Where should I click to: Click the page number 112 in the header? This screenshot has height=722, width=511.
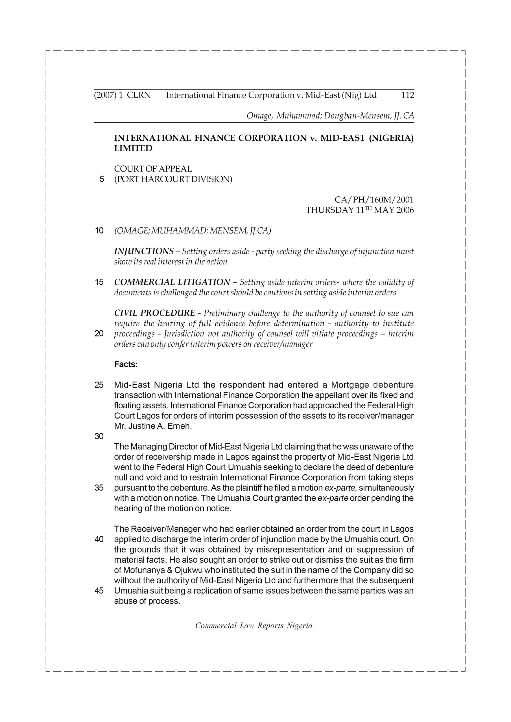point(407,95)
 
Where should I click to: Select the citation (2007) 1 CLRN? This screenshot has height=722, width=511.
point(122,95)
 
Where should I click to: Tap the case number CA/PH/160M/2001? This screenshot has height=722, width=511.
point(374,200)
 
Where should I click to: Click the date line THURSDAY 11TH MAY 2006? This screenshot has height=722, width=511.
point(360,210)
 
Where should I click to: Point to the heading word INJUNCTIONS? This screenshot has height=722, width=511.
point(144,251)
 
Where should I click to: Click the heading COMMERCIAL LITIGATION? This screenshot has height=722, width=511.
point(172,282)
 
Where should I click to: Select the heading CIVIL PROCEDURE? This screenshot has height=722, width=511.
point(154,313)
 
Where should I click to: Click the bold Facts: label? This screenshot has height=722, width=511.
point(126,364)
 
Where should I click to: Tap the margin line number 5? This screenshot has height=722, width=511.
point(101,179)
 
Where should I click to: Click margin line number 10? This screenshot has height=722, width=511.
point(99,231)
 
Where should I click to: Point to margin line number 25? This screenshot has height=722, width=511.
point(99,385)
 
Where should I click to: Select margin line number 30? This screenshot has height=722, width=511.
point(99,437)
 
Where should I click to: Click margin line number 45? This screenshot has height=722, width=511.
point(99,591)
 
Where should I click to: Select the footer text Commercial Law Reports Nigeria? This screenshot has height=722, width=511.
point(254,626)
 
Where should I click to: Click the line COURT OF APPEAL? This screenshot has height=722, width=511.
point(153,169)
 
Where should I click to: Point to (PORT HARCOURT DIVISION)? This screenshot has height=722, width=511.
point(173,179)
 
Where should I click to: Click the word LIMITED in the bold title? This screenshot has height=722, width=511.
point(133,148)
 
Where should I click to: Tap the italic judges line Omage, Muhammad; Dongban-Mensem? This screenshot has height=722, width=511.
point(330,116)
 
